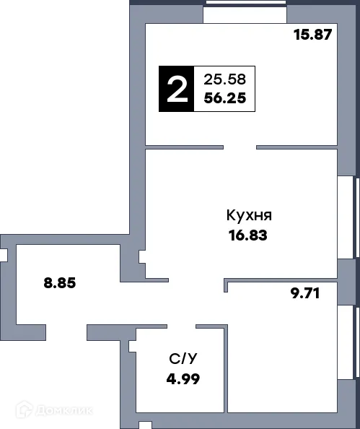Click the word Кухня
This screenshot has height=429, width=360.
(x=249, y=215)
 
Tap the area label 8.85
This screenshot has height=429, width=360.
(x=60, y=282)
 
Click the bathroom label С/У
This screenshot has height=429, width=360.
(x=180, y=358)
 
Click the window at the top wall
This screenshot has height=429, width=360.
(x=245, y=3)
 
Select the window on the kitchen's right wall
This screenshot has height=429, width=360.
(x=355, y=216)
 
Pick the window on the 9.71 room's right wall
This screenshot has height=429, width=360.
(x=355, y=341)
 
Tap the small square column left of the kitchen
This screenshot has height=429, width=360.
(x=142, y=256)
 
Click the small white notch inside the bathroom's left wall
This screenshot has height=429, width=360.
(x=132, y=347)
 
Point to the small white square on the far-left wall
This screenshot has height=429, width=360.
(x=3, y=255)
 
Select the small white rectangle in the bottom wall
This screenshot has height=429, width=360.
(x=146, y=425)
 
